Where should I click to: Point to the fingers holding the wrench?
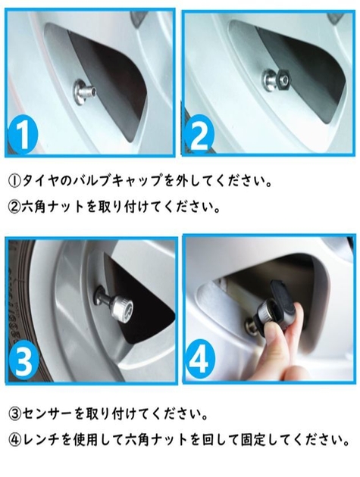284,344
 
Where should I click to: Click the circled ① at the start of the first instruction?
17,182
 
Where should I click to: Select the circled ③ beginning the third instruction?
17,414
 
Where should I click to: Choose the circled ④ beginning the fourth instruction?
17,438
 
